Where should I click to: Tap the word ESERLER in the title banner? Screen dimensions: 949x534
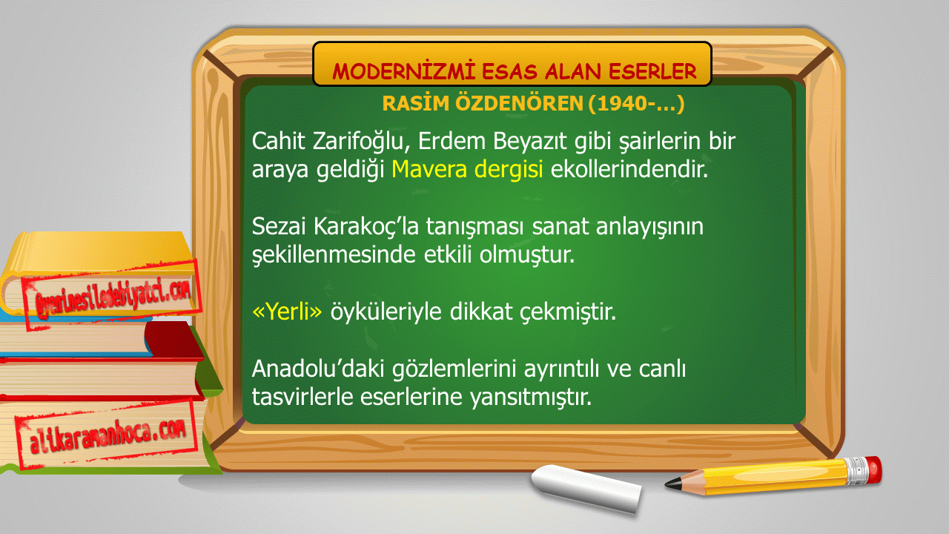[652, 71]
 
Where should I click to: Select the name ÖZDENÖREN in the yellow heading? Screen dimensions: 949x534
[520, 103]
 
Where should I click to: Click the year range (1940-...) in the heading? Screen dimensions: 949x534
[636, 104]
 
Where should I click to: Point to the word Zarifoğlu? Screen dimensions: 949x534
[361, 142]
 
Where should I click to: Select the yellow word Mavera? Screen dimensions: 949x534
[429, 169]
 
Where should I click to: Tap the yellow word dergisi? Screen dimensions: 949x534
[509, 171]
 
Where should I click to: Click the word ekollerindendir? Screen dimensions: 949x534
[629, 169]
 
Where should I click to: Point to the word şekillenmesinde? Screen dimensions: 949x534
[334, 255]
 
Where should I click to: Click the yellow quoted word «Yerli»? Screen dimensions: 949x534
[287, 311]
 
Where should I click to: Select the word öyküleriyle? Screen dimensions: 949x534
[386, 312]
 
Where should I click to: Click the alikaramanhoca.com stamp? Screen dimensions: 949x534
[107, 435]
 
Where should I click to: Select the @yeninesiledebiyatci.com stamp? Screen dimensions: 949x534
[112, 295]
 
